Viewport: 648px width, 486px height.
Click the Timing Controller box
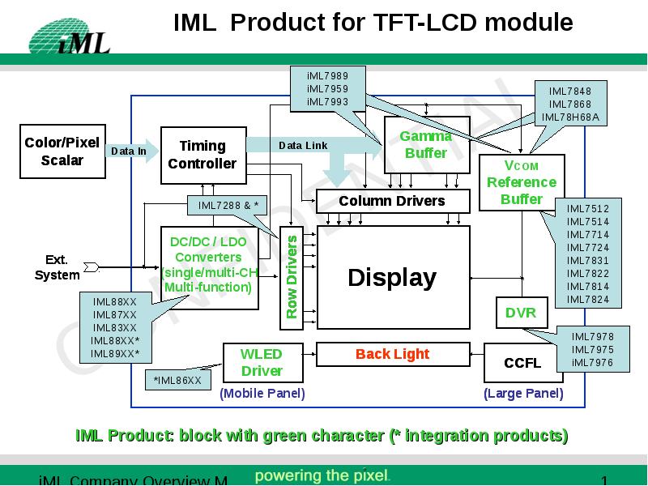(x=202, y=155)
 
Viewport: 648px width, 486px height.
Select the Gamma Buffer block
(x=426, y=145)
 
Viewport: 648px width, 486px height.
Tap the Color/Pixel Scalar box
(x=62, y=151)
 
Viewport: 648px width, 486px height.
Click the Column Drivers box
(x=392, y=200)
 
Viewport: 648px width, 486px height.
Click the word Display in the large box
(x=392, y=278)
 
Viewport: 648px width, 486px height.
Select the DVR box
(x=520, y=313)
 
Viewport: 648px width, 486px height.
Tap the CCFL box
(x=522, y=363)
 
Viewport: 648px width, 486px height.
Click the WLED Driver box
(x=262, y=363)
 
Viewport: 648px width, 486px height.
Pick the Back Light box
(x=392, y=354)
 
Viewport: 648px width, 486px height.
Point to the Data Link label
(x=303, y=145)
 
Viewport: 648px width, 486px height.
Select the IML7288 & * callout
(x=228, y=206)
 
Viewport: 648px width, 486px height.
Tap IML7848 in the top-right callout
(x=570, y=92)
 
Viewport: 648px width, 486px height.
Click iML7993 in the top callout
(x=327, y=101)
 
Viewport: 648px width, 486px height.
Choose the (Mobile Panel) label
(x=262, y=394)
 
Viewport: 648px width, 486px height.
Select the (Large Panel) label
(x=523, y=394)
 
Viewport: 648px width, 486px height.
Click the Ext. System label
(x=57, y=267)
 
